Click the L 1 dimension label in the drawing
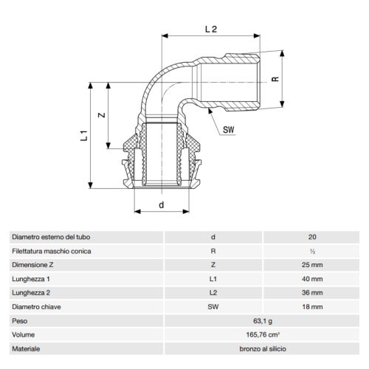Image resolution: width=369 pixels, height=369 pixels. point(84,135)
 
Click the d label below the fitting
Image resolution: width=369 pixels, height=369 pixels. point(161,204)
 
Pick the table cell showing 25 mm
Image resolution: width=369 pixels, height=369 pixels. point(311,265)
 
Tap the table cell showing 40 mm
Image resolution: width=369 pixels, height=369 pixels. point(311,279)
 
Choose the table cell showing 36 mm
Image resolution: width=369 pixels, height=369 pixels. point(311,293)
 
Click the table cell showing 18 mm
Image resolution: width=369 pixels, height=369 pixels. point(311,307)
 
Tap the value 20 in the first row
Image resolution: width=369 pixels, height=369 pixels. point(311,237)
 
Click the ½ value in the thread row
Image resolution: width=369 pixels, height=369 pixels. point(311,251)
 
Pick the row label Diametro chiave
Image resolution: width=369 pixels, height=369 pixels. point(35,307)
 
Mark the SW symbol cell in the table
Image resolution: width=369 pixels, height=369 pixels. point(213,307)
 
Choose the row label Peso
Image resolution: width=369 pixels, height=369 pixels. point(19,321)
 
